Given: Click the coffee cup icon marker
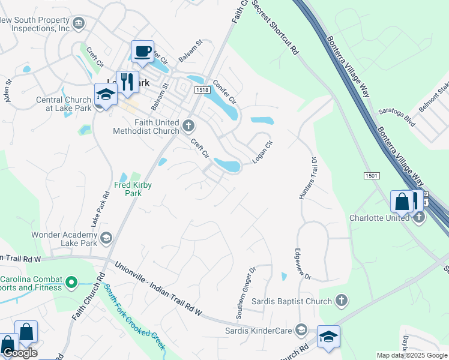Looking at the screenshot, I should pyautogui.click(x=142, y=52).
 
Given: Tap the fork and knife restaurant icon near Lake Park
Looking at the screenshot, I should pyautogui.click(x=127, y=82).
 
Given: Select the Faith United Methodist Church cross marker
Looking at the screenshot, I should pyautogui.click(x=188, y=125).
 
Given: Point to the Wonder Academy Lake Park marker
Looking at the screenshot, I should pyautogui.click(x=106, y=239).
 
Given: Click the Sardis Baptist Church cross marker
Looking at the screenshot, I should pyautogui.click(x=341, y=300).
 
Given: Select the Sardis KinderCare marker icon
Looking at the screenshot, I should pyautogui.click(x=301, y=329).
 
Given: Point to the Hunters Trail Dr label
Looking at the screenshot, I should pyautogui.click(x=307, y=178).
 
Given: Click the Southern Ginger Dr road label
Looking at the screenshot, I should pyautogui.click(x=246, y=293).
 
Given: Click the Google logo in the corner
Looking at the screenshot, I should pyautogui.click(x=19, y=353).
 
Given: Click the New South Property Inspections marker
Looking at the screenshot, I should pyautogui.click(x=78, y=23).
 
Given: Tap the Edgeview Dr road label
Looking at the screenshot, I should pyautogui.click(x=302, y=263).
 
